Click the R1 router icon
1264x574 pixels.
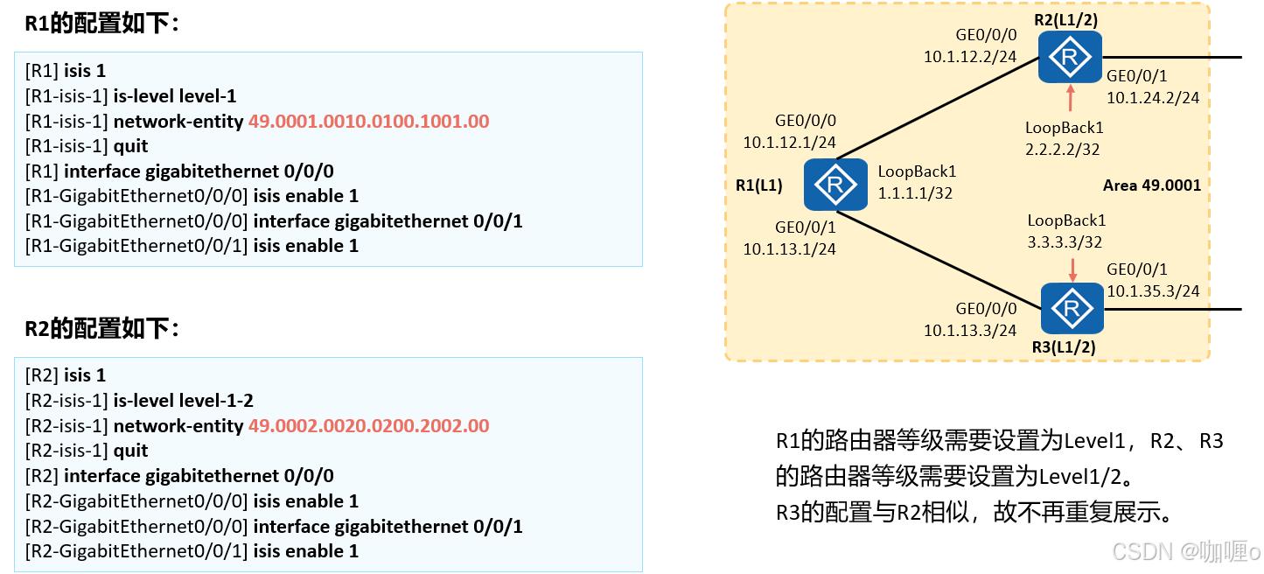(835, 185)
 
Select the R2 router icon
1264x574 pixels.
(1070, 58)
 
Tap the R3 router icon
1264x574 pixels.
(1072, 308)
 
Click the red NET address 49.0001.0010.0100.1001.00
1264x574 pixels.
(368, 121)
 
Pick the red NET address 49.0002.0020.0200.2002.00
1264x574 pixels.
(368, 426)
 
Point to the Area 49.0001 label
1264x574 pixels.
(1152, 185)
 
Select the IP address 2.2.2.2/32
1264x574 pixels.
(1062, 150)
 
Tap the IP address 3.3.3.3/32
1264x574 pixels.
(1065, 242)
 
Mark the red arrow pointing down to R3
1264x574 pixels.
(1070, 269)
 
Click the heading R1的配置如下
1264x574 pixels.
(101, 24)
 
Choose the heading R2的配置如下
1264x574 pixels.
(101, 329)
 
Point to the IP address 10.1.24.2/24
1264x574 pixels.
(1153, 98)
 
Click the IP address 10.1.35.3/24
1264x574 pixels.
(1153, 290)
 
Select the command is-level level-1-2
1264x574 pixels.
(184, 401)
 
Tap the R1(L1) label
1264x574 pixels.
(759, 185)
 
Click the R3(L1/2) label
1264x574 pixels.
(1064, 347)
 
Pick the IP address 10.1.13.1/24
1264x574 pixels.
(790, 249)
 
